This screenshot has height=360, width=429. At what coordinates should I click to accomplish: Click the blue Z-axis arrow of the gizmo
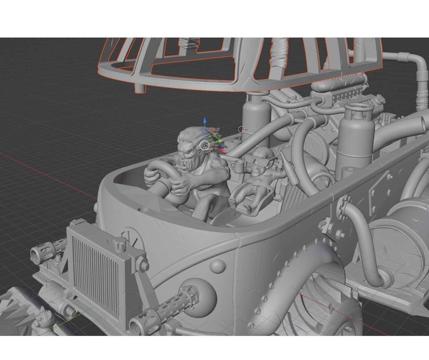point(205,121)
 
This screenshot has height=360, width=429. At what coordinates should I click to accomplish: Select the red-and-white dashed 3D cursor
point(241,129)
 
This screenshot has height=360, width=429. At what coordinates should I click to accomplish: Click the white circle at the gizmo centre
point(204,145)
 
